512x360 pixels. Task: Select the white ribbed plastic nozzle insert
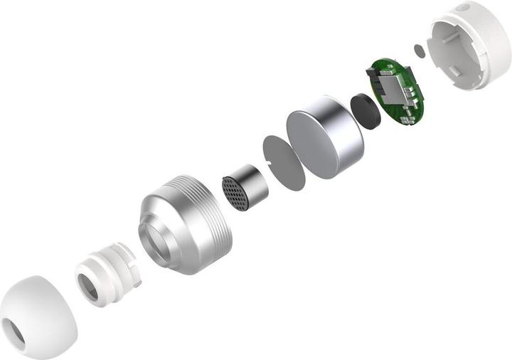107,275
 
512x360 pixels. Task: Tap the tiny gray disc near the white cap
419,51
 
